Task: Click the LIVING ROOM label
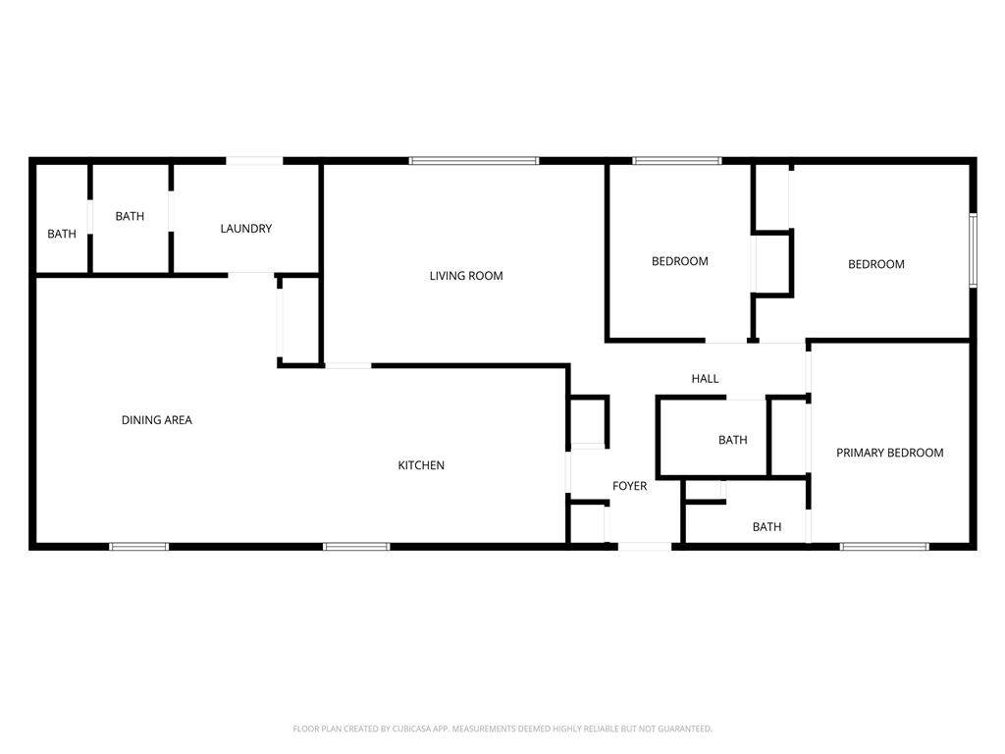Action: click(x=466, y=276)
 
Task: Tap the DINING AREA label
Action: click(x=157, y=420)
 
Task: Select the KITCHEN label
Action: click(x=421, y=464)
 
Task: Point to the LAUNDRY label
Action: click(x=246, y=228)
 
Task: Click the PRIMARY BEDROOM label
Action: click(x=889, y=453)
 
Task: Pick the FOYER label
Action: click(x=629, y=486)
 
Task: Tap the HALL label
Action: click(x=705, y=378)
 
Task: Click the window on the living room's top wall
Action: click(x=474, y=160)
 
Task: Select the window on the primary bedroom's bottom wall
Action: click(x=884, y=547)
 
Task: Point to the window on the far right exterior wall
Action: click(x=973, y=250)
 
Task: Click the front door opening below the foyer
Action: click(x=644, y=547)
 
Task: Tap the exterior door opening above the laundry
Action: click(x=254, y=160)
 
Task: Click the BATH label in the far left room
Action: click(x=62, y=234)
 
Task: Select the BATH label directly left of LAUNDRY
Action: click(x=130, y=216)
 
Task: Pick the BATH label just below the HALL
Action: click(x=732, y=440)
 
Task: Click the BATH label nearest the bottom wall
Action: click(x=767, y=527)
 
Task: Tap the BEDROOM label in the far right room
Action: click(x=876, y=264)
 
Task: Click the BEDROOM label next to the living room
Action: click(x=680, y=261)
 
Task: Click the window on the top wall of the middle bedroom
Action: click(x=677, y=160)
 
